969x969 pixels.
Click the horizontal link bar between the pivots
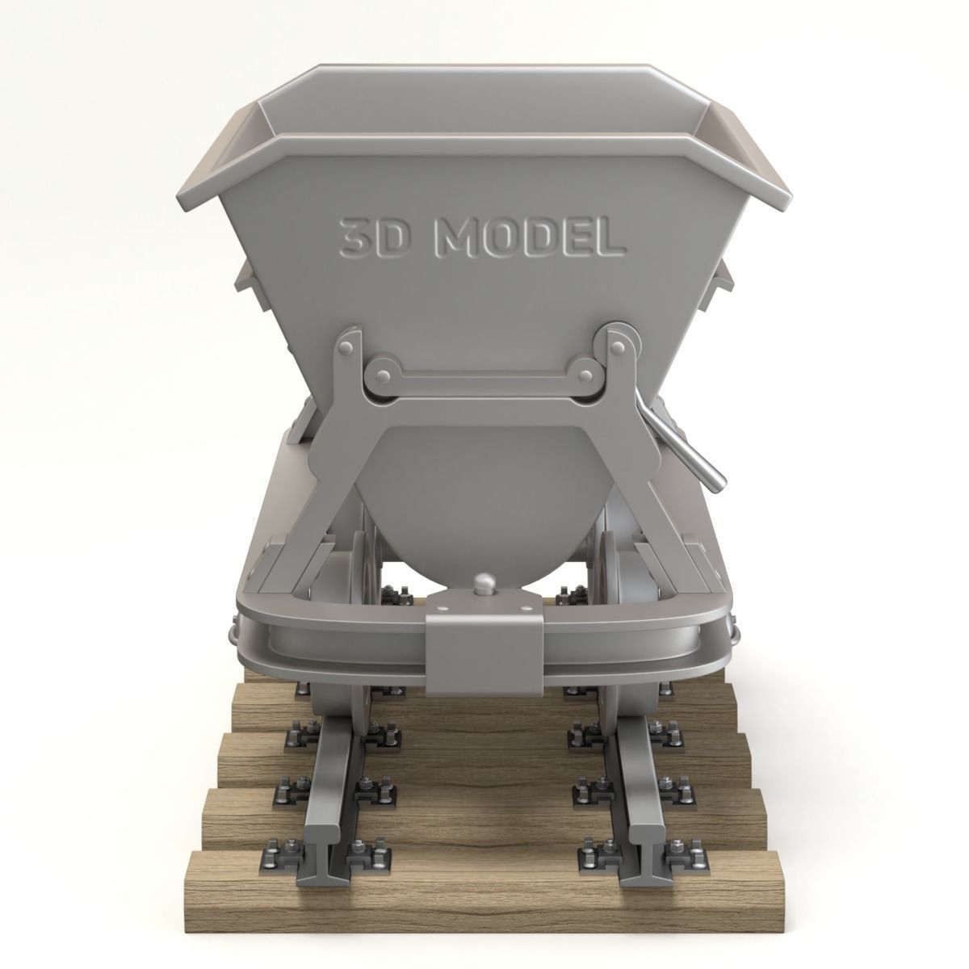coord(484,378)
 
